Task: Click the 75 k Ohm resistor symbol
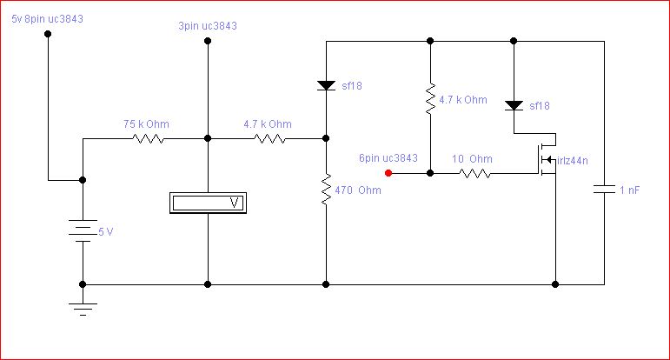148,138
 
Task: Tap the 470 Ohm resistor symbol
326,189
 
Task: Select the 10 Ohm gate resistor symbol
474,173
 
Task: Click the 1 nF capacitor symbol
604,189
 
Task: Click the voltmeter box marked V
208,203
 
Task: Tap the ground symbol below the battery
83,309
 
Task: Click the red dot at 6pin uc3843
388,173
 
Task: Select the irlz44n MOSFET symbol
547,159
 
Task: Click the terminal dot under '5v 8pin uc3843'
48,34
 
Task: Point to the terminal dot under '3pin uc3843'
208,41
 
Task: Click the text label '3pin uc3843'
208,26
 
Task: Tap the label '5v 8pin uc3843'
48,19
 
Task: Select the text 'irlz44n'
573,161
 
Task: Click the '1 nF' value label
630,190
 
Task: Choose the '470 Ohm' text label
358,190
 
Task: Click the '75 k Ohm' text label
146,124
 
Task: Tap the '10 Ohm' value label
472,159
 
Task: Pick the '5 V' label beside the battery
106,231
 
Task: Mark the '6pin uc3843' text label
388,157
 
